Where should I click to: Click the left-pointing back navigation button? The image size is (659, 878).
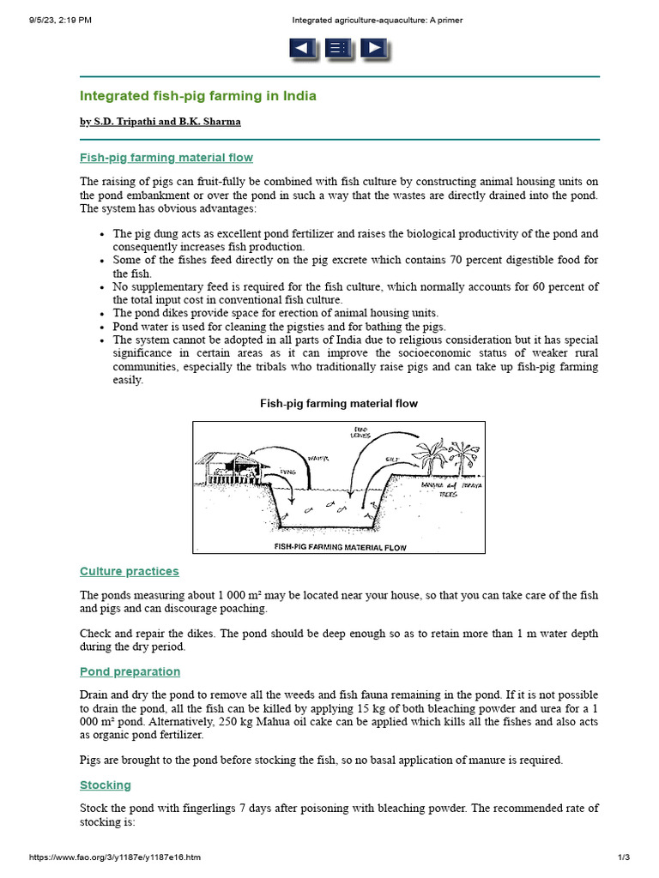pos(303,49)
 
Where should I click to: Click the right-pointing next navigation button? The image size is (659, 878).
pos(372,49)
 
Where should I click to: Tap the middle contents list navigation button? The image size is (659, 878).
pos(338,49)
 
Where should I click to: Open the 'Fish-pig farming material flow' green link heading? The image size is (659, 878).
pos(166,158)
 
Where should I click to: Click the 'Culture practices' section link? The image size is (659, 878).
pos(130,571)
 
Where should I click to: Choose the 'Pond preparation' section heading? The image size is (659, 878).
pos(130,671)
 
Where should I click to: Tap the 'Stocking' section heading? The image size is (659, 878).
pos(106,785)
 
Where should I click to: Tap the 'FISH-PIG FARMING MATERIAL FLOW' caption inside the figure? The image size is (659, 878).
pos(339,546)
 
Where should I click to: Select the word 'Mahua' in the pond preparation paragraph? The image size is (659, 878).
pos(270,722)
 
